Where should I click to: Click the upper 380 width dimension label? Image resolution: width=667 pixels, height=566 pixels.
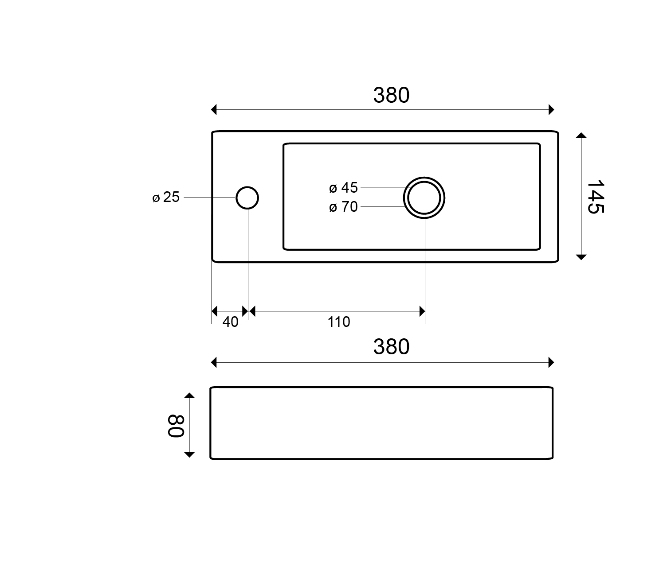391,95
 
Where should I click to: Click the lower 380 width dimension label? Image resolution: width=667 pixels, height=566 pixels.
391,347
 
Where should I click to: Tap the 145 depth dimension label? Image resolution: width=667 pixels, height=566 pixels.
595,197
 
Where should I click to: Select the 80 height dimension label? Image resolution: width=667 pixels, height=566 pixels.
176,426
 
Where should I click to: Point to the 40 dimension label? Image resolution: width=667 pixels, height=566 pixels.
231,322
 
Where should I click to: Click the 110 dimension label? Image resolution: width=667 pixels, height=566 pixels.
339,322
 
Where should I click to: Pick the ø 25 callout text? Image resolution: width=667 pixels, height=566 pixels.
166,197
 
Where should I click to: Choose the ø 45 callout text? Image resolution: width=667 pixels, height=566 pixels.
343,188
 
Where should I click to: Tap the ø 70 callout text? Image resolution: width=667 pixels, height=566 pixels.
343,207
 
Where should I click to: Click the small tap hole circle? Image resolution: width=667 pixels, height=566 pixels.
247,187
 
